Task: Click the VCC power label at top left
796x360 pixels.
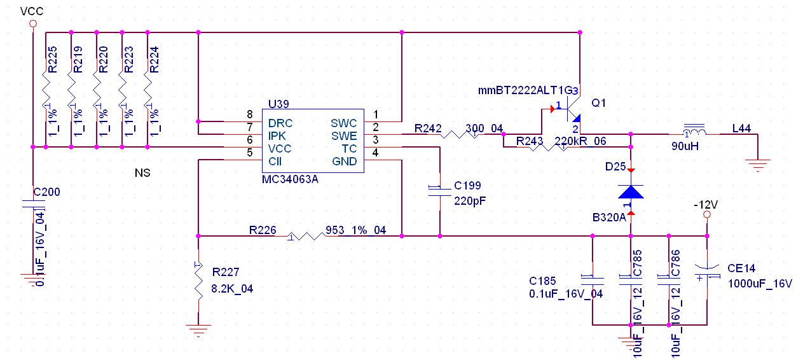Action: point(32,11)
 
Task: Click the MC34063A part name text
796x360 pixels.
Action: point(291,179)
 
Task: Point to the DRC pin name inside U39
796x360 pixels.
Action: point(280,123)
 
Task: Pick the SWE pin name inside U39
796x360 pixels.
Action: point(344,135)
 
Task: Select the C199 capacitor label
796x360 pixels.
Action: point(467,186)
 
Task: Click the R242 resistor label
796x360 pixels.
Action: point(428,128)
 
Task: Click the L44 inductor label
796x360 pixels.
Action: point(741,128)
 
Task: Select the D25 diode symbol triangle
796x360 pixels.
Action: point(631,191)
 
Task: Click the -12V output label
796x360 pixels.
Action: point(706,205)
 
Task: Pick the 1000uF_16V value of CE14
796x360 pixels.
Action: point(760,282)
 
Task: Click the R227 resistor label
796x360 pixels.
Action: point(225,272)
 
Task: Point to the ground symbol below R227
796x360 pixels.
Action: point(198,331)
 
